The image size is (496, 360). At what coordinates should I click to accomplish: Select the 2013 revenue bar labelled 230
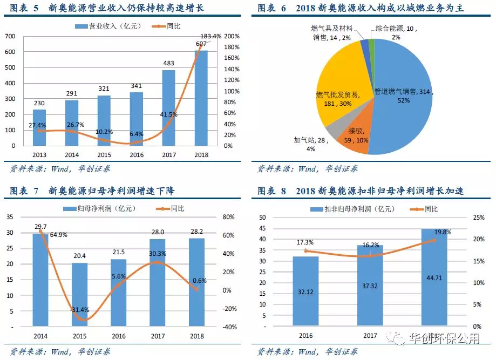tap(39, 127)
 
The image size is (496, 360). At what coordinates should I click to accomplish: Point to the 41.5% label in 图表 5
tap(169, 114)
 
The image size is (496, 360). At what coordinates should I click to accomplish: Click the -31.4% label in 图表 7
tap(80, 310)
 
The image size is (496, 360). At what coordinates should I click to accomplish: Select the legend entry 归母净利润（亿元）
tap(100, 208)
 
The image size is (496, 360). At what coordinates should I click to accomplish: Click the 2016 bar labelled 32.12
tap(305, 291)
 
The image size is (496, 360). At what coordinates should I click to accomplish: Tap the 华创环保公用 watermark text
tap(450, 339)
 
